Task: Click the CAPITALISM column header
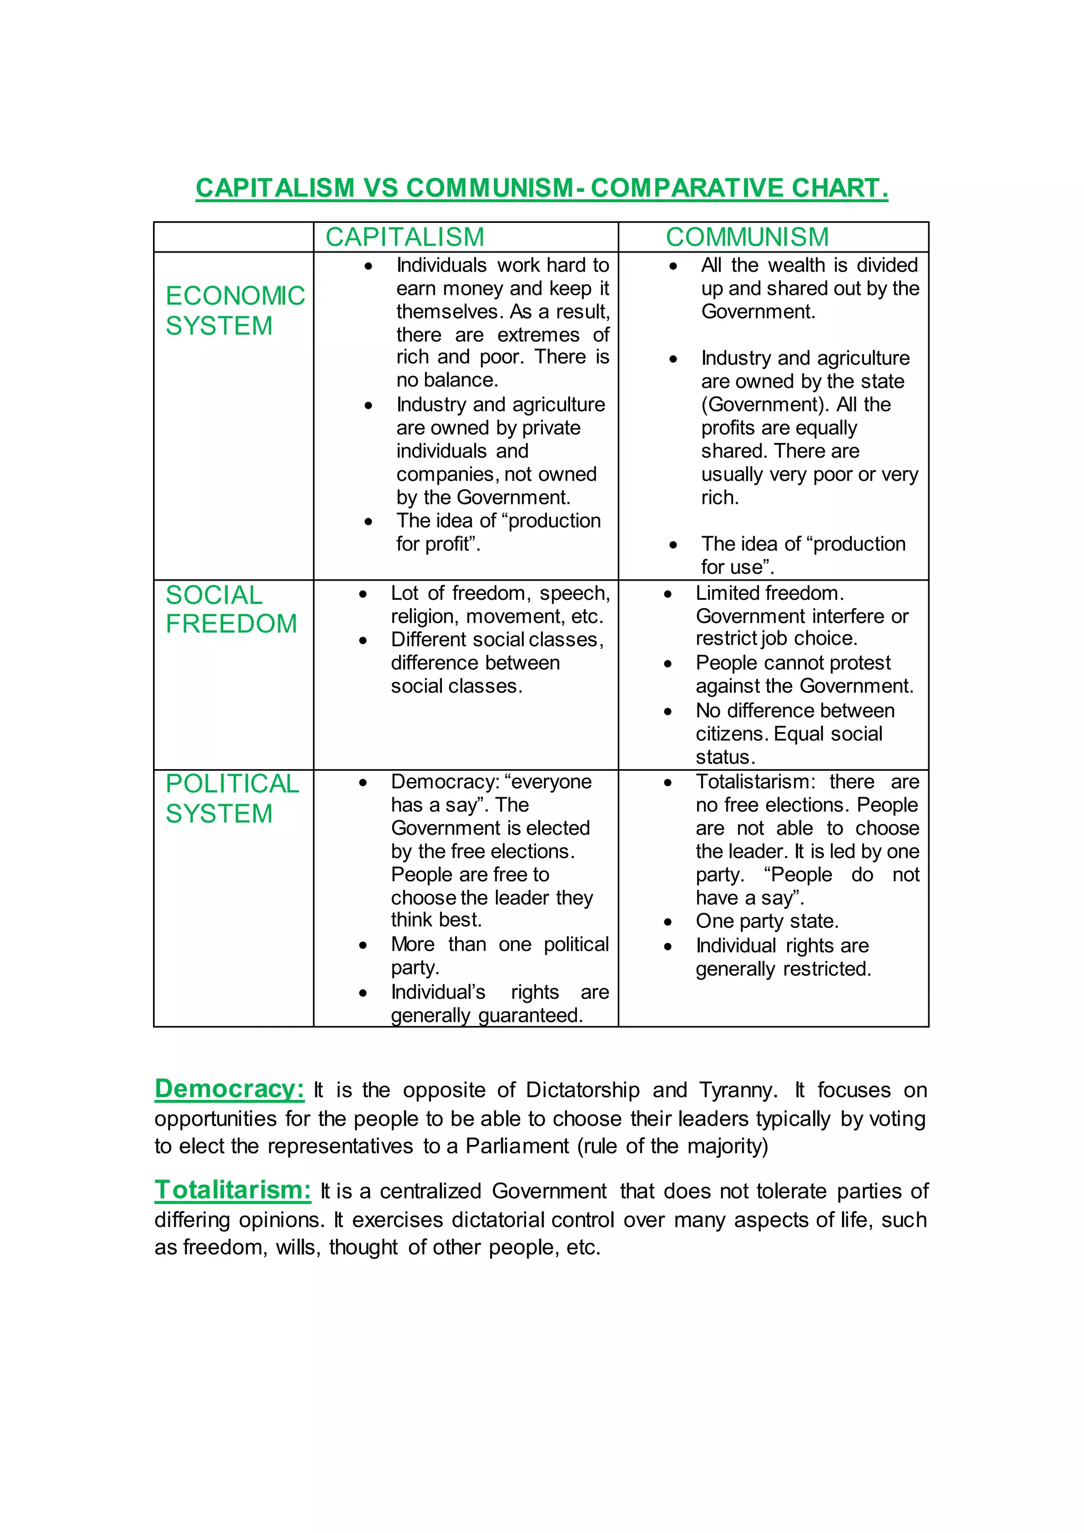[x=404, y=237]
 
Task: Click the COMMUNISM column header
[x=747, y=237]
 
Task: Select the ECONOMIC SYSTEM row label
[x=234, y=311]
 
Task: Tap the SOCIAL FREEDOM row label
[x=231, y=609]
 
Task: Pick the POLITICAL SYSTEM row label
[x=232, y=799]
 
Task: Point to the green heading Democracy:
[x=230, y=1089]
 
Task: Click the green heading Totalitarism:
[x=232, y=1191]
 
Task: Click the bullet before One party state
[x=667, y=922]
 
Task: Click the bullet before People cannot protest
[x=667, y=664]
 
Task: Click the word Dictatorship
[x=582, y=1090]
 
